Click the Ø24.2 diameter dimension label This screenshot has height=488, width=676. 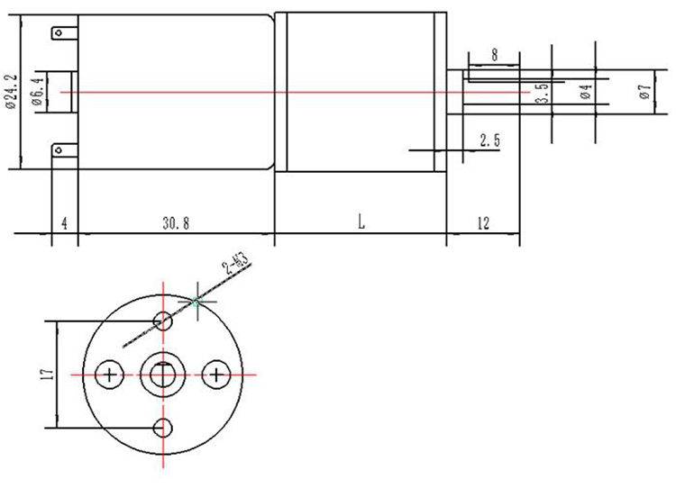(11, 92)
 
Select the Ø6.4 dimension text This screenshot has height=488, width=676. (38, 92)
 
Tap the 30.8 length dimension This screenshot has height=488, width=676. (176, 223)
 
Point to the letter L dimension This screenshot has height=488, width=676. (361, 221)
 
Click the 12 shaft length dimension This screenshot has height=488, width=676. (483, 223)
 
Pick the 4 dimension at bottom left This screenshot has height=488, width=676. (65, 223)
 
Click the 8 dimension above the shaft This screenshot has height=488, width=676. (494, 55)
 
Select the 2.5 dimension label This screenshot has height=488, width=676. (490, 140)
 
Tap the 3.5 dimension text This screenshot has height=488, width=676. (543, 93)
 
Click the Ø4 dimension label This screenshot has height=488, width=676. (586, 91)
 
